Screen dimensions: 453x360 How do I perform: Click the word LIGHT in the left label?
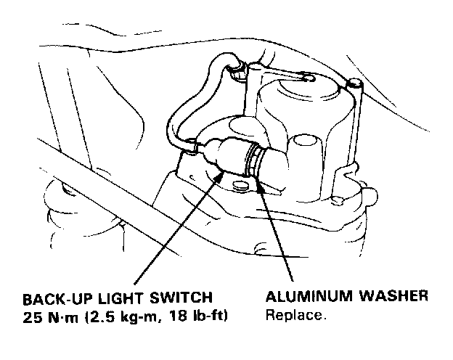(114, 299)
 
